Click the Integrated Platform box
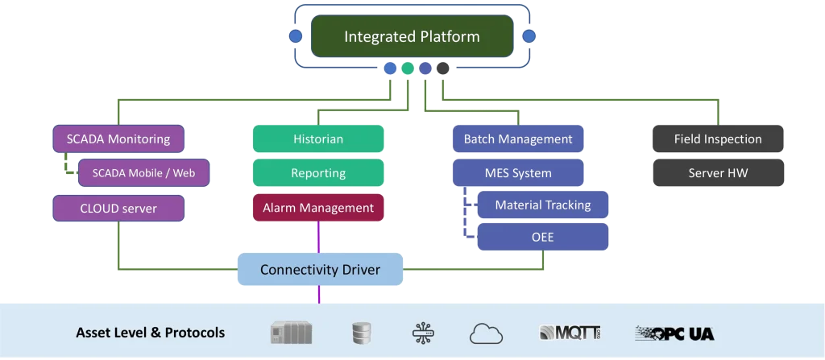[412, 36]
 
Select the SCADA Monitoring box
[118, 139]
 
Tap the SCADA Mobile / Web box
[144, 172]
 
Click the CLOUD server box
[118, 209]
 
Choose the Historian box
[317, 139]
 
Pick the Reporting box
[317, 173]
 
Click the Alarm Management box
[317, 208]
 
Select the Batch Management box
[518, 139]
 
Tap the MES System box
[518, 172]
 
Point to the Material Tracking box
[542, 205]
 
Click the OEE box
[542, 237]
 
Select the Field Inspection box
[718, 139]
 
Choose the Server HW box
[718, 172]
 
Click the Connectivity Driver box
[320, 269]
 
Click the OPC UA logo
[674, 333]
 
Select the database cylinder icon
[360, 333]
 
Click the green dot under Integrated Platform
[408, 68]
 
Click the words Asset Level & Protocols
[150, 333]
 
